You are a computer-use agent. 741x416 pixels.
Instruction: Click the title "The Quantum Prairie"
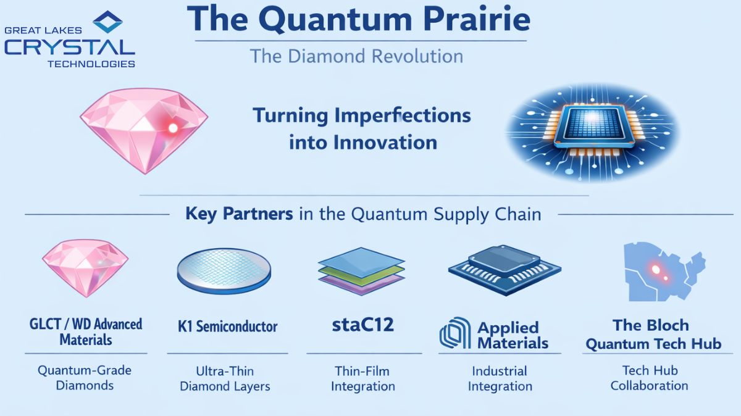click(x=358, y=21)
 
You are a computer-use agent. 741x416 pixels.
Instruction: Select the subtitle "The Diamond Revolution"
click(x=356, y=57)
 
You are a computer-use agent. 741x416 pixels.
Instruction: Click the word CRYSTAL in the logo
click(x=69, y=48)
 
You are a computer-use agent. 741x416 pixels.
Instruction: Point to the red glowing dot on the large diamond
click(x=173, y=128)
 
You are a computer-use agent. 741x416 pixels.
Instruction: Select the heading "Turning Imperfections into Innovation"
click(x=362, y=129)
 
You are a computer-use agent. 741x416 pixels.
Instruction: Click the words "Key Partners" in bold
click(x=239, y=214)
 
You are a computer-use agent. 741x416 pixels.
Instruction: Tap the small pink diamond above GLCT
click(x=85, y=267)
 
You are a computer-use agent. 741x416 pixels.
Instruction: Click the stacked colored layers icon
click(x=362, y=271)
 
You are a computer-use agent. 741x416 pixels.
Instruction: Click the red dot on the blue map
click(x=656, y=269)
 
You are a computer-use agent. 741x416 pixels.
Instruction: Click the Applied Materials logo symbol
click(x=455, y=334)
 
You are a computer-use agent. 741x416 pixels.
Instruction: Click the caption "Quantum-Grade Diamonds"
click(x=85, y=378)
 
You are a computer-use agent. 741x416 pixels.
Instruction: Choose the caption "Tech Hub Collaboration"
click(x=649, y=378)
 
